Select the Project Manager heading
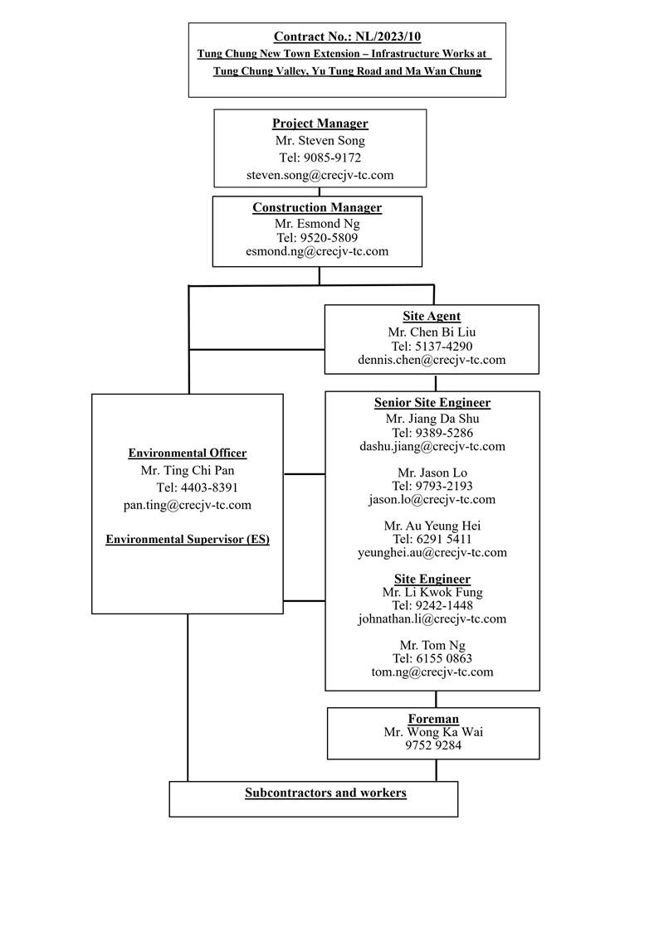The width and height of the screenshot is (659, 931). pos(320,124)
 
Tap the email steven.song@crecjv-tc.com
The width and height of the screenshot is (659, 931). pos(320,175)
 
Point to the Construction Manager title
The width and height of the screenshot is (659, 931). pos(317,207)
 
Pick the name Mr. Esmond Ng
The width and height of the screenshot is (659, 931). pos(317,223)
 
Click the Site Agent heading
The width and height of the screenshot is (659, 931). pos(432,316)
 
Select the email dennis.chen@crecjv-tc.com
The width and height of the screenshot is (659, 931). pos(432,360)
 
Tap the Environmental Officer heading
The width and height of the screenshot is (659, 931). pos(188,453)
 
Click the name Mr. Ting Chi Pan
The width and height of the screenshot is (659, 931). pos(188,470)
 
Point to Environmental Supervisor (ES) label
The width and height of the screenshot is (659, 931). pos(188,539)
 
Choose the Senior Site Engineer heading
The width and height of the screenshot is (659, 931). pos(432,403)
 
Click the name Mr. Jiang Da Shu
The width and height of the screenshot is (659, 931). pos(432,419)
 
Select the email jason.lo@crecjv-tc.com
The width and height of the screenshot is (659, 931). pos(432,499)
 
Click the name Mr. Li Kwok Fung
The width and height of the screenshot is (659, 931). pos(432,592)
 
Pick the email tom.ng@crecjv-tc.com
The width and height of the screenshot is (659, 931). pos(432,672)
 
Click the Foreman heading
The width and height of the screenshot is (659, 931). pos(433,719)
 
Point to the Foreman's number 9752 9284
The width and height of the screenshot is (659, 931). pos(433,745)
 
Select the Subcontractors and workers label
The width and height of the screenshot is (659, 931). pos(325,793)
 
